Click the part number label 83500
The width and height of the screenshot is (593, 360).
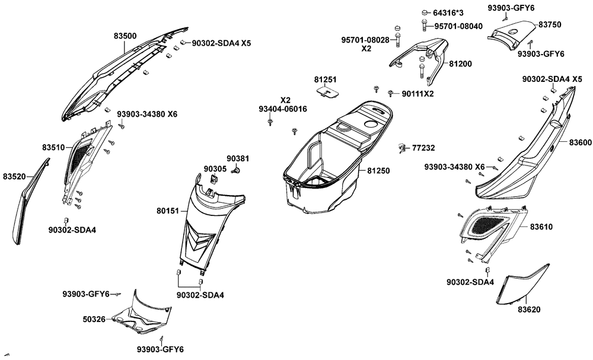click(125, 36)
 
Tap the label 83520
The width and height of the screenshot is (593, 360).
click(14, 177)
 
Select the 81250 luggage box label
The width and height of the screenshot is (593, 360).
click(378, 171)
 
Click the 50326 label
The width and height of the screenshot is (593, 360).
click(94, 319)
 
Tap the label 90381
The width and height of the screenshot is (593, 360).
click(238, 158)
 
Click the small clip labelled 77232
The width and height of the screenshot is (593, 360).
click(402, 146)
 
